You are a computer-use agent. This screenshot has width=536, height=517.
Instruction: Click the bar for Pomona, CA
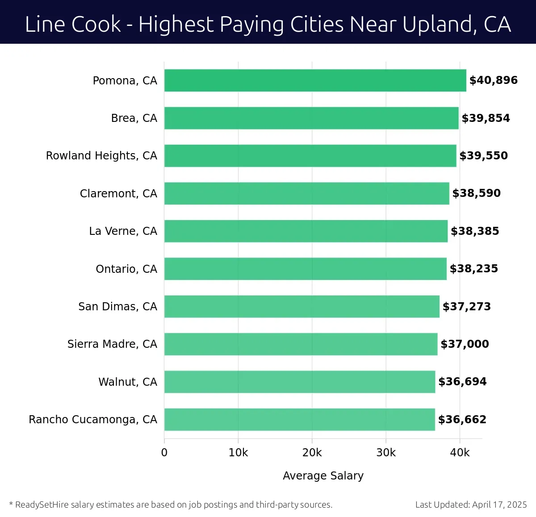click(315, 80)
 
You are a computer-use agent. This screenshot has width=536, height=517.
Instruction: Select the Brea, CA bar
click(311, 118)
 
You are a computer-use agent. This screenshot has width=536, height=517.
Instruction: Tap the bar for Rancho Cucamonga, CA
click(299, 419)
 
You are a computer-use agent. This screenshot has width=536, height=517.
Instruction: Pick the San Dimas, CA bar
click(301, 306)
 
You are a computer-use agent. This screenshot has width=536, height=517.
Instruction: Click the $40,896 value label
click(493, 80)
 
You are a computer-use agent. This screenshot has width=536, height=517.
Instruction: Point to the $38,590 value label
click(476, 193)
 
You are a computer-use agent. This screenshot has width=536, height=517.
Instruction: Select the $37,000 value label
click(465, 344)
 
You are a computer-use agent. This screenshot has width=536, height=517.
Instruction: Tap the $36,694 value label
click(462, 382)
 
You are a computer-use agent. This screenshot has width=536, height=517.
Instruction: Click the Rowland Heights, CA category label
click(101, 156)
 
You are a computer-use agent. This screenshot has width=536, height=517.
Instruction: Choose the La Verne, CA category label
click(123, 231)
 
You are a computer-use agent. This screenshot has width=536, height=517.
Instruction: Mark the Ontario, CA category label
click(126, 269)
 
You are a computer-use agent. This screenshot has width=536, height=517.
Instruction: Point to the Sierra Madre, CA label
click(112, 344)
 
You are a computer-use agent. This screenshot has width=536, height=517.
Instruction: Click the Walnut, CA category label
click(128, 382)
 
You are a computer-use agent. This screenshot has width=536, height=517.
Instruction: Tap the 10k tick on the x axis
click(238, 453)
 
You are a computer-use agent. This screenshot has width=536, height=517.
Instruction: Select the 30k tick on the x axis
click(386, 453)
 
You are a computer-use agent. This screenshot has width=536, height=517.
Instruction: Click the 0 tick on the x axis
click(164, 453)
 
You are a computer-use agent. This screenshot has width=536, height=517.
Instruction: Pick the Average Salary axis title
click(323, 476)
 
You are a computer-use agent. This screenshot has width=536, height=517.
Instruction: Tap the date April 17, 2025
click(499, 504)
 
